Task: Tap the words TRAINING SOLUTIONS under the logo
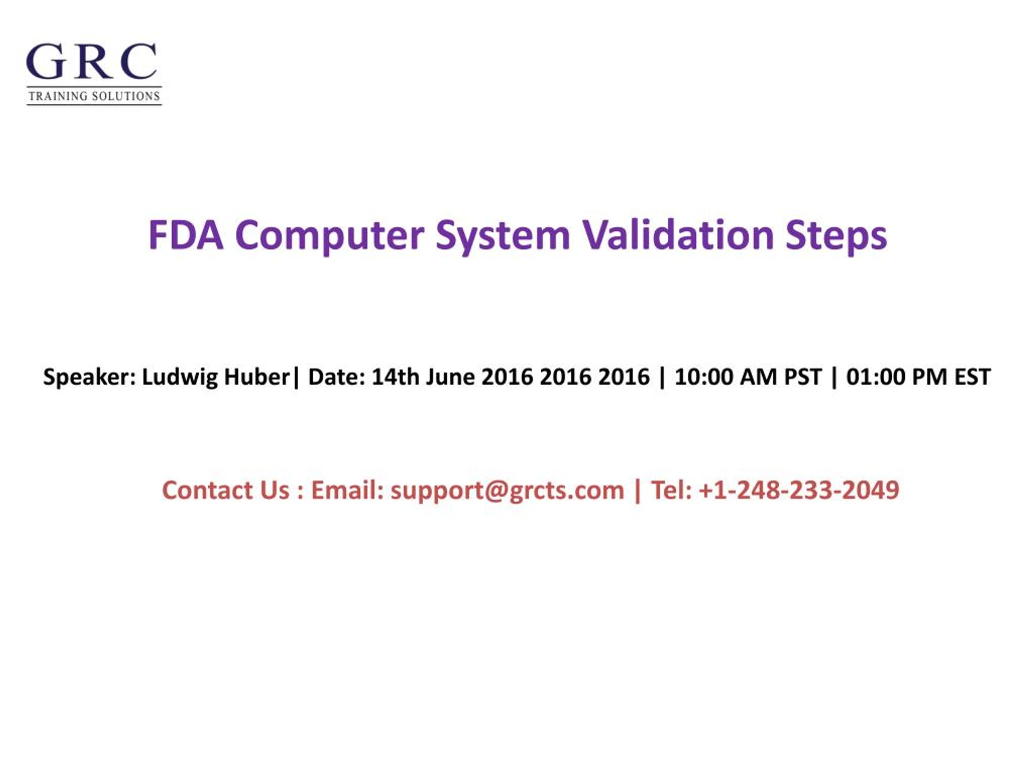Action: point(94,96)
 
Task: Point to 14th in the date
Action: point(395,377)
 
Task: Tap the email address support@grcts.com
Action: point(507,490)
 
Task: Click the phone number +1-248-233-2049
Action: point(799,490)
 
